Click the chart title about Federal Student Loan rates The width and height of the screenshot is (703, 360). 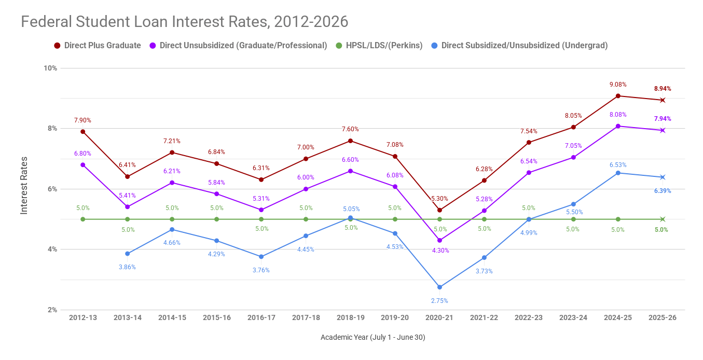(x=184, y=22)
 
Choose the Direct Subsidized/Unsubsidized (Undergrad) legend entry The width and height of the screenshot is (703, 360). (x=524, y=46)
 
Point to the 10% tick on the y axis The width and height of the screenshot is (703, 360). (x=51, y=68)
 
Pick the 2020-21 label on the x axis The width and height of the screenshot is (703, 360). (x=439, y=317)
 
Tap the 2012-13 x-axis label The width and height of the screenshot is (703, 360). (x=83, y=317)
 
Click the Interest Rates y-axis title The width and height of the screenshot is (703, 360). (x=24, y=185)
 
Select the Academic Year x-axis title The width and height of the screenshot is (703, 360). (x=373, y=337)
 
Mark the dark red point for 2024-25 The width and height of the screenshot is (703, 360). (x=618, y=96)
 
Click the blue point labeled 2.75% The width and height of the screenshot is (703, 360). (x=439, y=287)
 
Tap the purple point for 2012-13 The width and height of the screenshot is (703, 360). (x=83, y=165)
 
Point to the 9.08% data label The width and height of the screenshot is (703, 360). (x=618, y=85)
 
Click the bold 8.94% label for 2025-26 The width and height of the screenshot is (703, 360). (x=663, y=89)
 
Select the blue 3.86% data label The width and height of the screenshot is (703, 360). (x=128, y=267)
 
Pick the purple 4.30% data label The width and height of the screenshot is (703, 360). (x=440, y=251)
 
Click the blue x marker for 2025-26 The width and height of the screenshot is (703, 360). (x=663, y=177)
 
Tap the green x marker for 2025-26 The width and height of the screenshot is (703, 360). (x=663, y=219)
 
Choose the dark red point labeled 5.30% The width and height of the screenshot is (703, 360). (x=439, y=210)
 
